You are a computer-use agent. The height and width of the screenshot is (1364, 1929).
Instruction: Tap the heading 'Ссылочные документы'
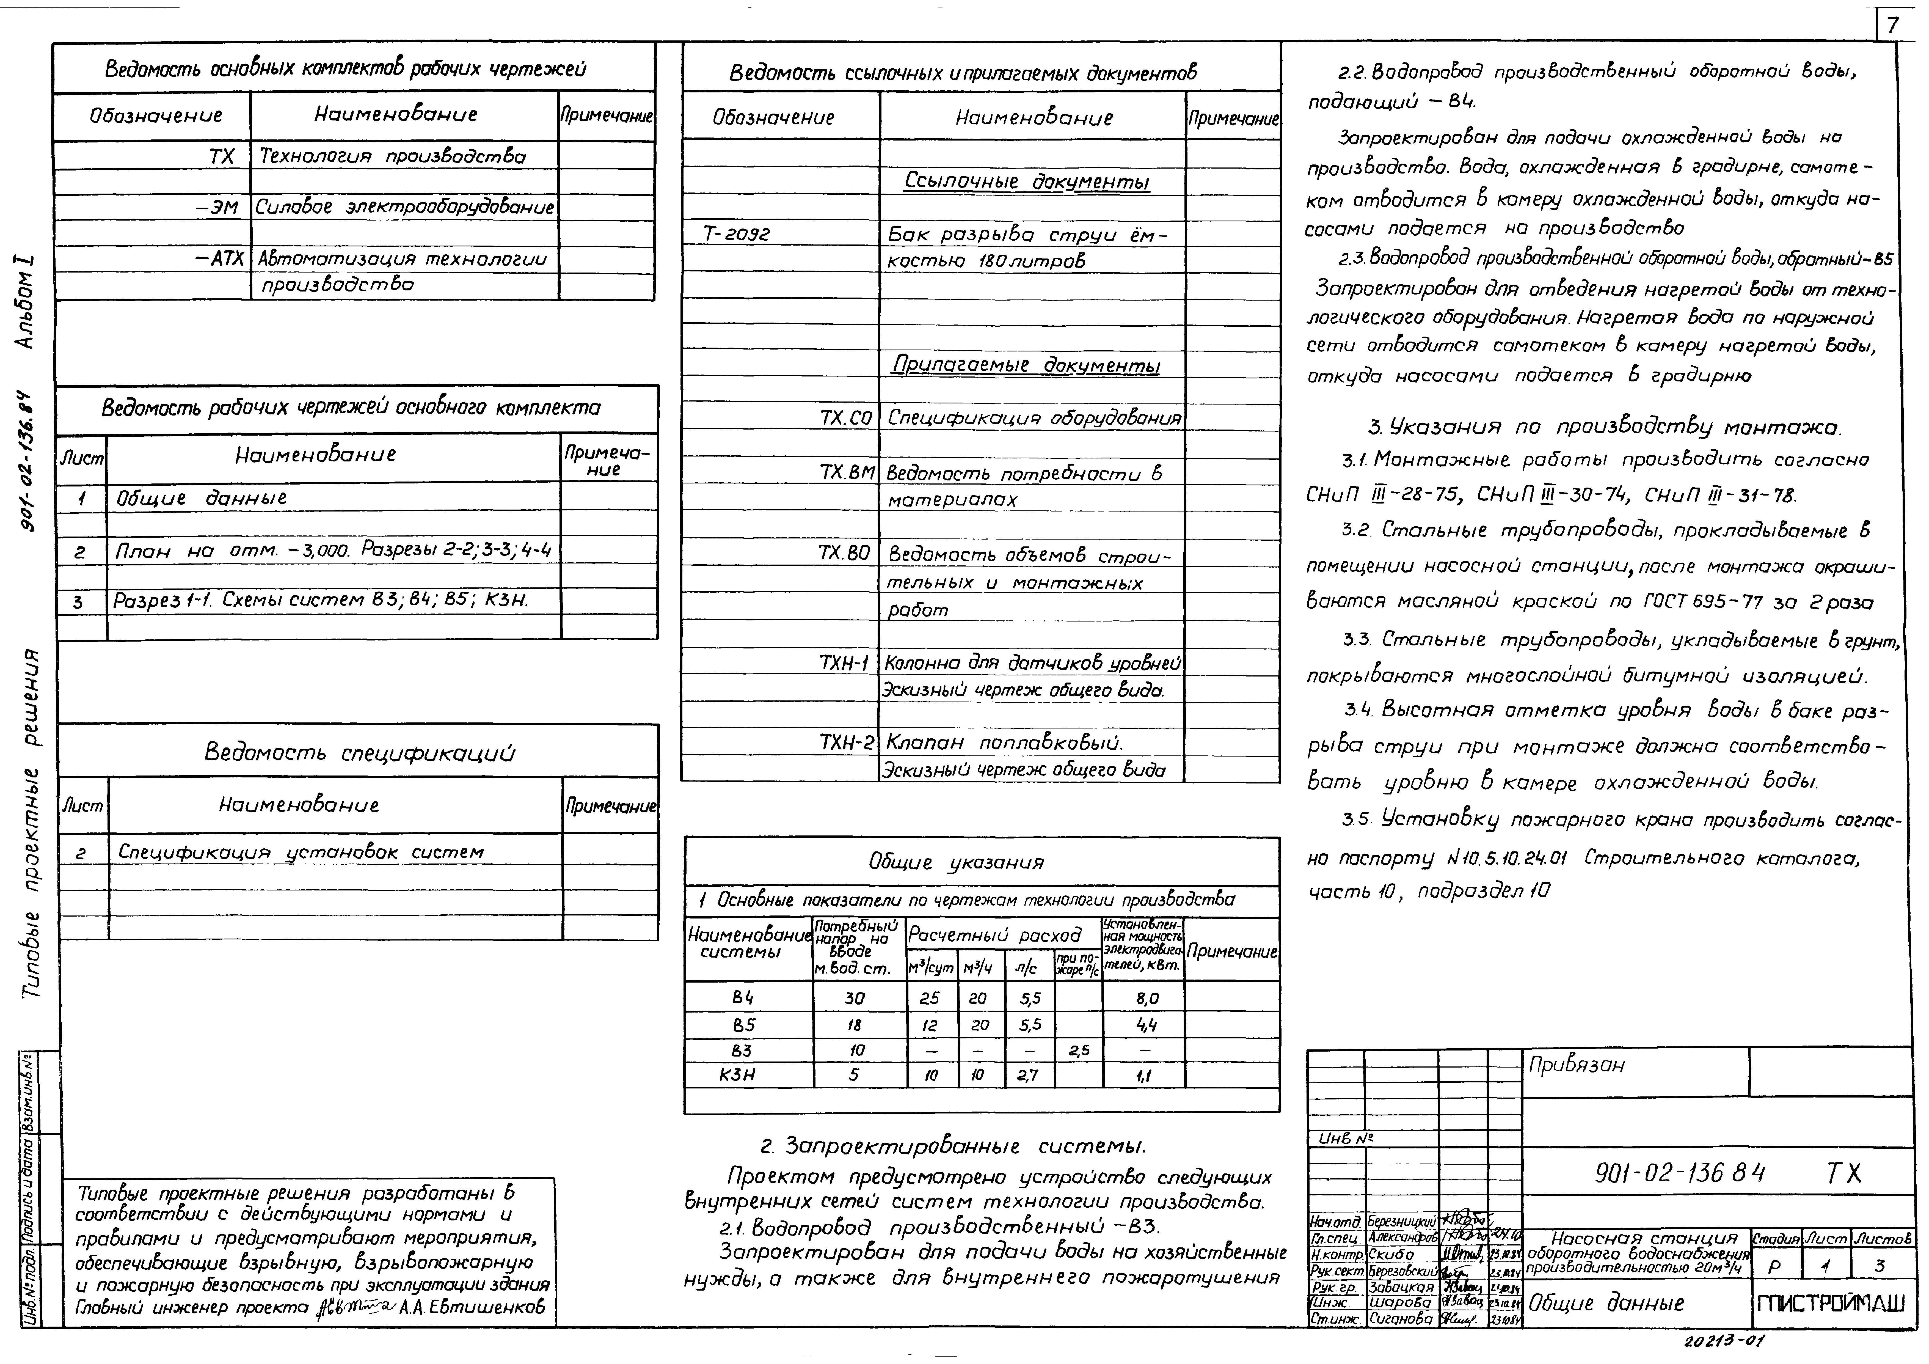click(x=1027, y=182)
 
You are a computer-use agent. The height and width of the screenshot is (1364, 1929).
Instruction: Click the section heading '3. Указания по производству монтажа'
click(x=1603, y=428)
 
